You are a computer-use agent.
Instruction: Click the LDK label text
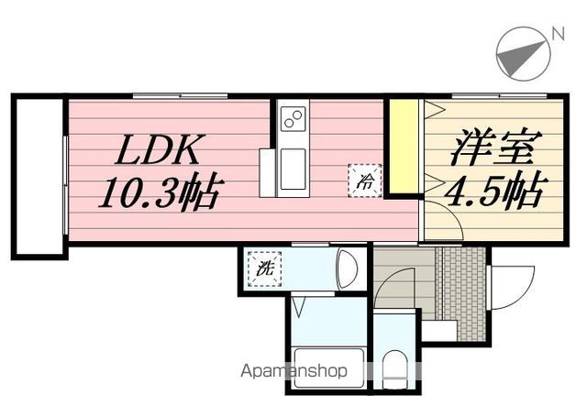[x=160, y=149]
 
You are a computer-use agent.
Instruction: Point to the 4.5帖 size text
[x=496, y=189]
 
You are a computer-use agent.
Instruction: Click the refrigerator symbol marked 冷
[x=365, y=181]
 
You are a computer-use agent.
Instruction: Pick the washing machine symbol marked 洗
[x=265, y=269]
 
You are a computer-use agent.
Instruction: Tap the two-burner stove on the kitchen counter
[x=293, y=118]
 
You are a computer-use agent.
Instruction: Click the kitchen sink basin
[x=293, y=169]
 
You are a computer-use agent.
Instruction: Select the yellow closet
[x=404, y=147]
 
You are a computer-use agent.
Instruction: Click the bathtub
[x=329, y=368]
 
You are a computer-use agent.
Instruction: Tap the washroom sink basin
[x=347, y=269]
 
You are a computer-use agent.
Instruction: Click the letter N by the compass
[x=558, y=35]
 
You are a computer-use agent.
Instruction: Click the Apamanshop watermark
[x=293, y=371]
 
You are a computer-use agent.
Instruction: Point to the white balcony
[x=39, y=176]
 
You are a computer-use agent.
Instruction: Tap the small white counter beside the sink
[x=267, y=173]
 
